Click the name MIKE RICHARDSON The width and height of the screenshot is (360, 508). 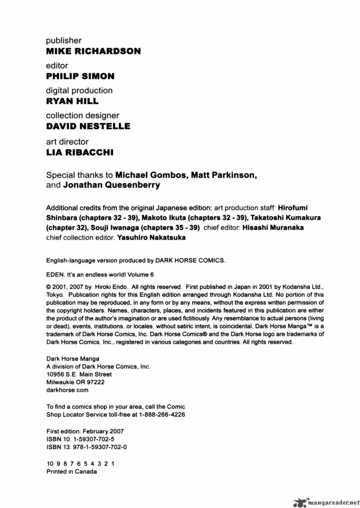[x=94, y=51]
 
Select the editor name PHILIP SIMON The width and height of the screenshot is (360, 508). [x=81, y=76]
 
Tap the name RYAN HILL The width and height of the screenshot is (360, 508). [x=72, y=101]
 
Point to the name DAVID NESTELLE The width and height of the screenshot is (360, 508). [x=89, y=126]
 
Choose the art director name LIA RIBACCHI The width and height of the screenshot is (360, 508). [x=80, y=152]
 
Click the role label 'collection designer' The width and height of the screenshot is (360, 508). [x=83, y=116]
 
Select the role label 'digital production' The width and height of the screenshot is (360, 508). [x=80, y=91]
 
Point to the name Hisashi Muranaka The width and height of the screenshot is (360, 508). [x=273, y=227]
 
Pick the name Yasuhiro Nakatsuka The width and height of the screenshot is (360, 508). [x=151, y=238]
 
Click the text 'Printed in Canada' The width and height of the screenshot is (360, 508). [x=72, y=472]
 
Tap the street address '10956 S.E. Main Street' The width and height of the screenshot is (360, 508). [x=79, y=374]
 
